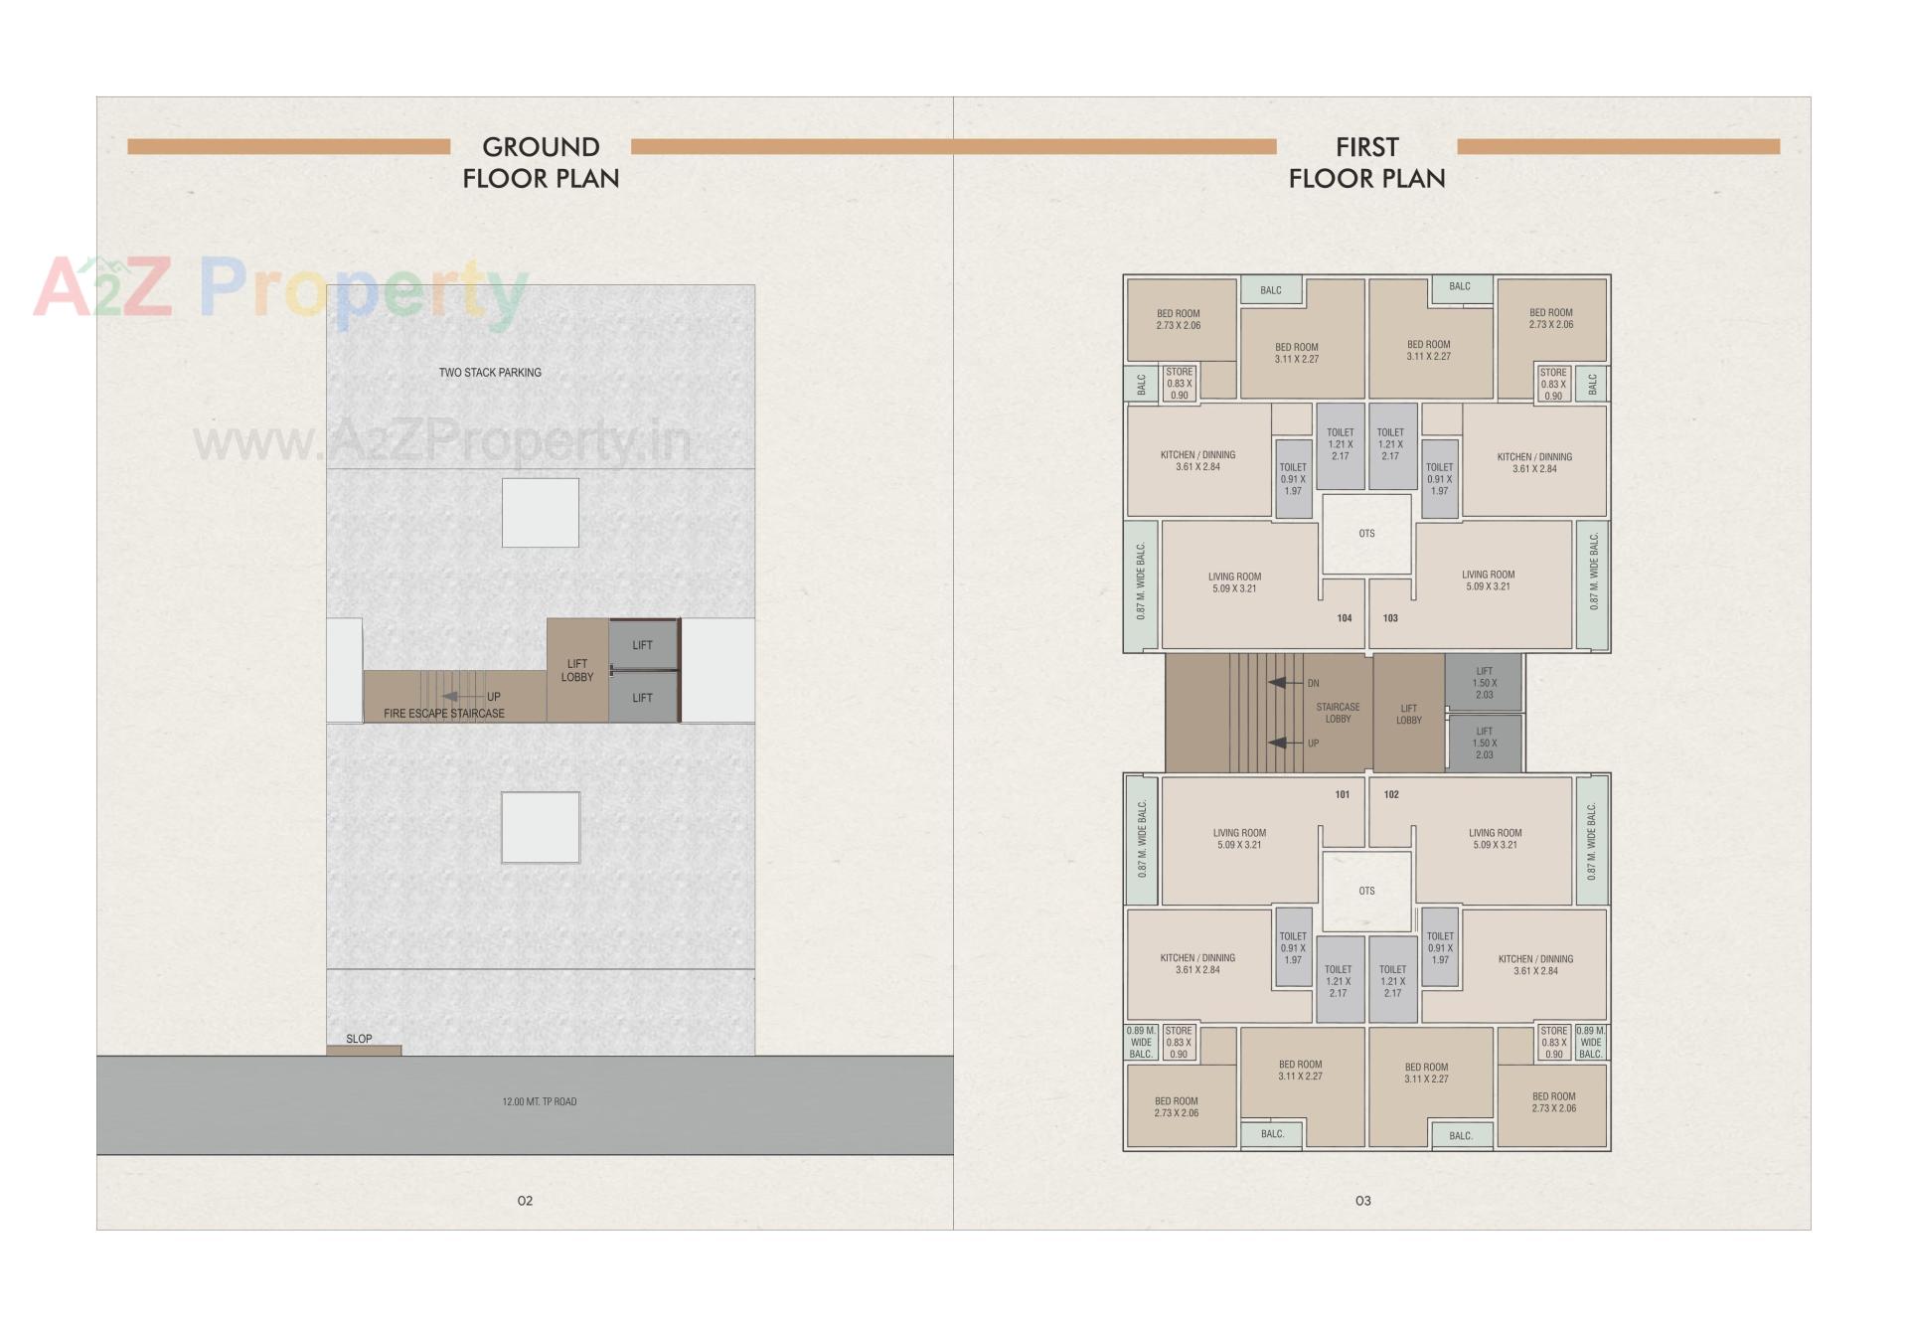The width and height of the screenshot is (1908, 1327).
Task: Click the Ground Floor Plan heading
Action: click(x=541, y=162)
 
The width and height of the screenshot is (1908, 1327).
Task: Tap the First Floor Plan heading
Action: click(x=1366, y=162)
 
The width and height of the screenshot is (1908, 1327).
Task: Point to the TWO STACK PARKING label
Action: click(x=490, y=373)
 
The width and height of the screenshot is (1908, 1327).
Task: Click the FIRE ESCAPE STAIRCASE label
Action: click(x=444, y=714)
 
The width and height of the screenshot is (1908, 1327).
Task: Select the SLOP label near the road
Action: click(x=359, y=1039)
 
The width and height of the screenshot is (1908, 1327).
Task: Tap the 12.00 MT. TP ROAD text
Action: click(x=539, y=1101)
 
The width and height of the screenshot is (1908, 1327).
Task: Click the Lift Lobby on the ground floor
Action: click(x=576, y=670)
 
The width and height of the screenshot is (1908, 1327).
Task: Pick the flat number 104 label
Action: click(x=1344, y=618)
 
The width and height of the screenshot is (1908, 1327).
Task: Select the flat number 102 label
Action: click(x=1391, y=794)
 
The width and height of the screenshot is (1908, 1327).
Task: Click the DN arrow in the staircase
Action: click(x=1286, y=683)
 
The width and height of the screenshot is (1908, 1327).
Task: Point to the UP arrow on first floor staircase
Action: click(x=1286, y=743)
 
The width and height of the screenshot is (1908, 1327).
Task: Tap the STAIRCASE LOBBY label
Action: click(x=1338, y=713)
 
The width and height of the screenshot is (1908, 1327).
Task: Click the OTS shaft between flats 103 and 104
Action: click(x=1366, y=534)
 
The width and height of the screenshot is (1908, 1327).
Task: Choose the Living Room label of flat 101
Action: click(x=1239, y=839)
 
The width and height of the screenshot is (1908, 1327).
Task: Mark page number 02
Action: click(x=525, y=1201)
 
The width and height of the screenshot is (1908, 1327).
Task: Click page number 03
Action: click(x=1362, y=1201)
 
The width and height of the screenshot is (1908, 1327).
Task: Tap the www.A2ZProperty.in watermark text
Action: click(x=442, y=440)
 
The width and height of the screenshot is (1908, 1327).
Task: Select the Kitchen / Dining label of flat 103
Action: click(x=1534, y=463)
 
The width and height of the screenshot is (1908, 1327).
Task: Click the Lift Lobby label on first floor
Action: click(x=1408, y=714)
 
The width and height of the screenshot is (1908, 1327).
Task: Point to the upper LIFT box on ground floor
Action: click(x=642, y=645)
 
